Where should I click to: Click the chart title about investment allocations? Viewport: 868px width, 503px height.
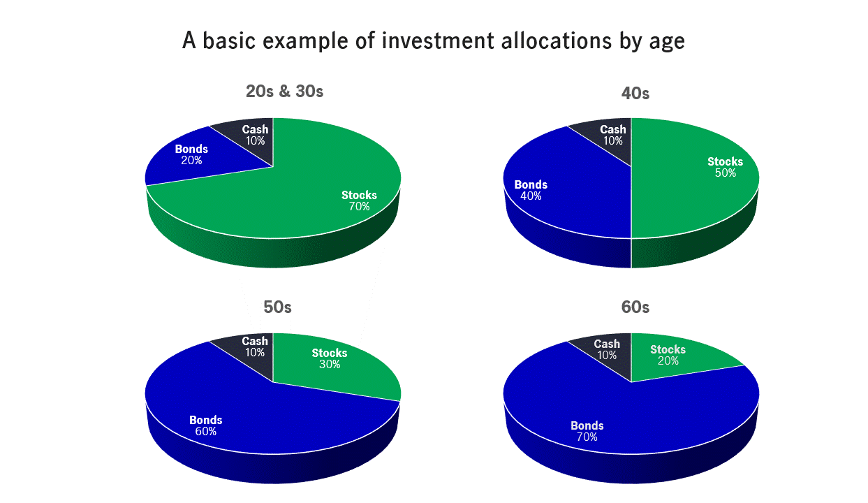tap(433, 41)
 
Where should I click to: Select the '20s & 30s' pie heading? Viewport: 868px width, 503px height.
tap(284, 92)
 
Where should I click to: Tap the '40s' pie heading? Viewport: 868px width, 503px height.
tap(635, 94)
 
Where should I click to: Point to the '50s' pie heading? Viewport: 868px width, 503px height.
tap(277, 307)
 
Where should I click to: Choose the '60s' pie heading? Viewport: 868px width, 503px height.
tap(635, 307)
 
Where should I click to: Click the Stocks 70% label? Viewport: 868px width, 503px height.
tap(359, 201)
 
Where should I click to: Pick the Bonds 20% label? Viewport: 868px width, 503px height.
tap(191, 154)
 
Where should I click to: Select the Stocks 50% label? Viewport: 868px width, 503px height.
tap(725, 167)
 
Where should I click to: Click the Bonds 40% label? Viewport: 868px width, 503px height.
tap(531, 190)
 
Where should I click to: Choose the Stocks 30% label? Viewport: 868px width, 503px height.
tap(330, 358)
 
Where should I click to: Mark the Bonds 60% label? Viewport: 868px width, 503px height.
tap(206, 425)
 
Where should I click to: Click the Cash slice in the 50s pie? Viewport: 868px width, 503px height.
tap(252, 355)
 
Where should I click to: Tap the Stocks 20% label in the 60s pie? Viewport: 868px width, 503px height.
tap(668, 355)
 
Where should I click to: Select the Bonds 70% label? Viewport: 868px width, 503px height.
tap(587, 431)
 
